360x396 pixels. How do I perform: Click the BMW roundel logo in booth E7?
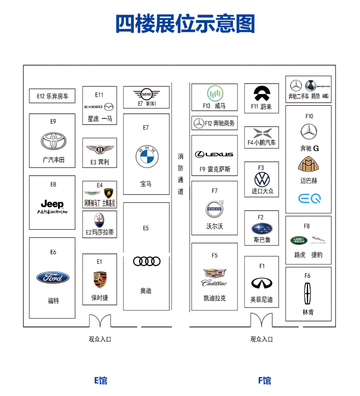[x=146, y=157]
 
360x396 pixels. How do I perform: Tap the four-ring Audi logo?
[x=146, y=261]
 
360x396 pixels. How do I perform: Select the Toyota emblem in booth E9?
[x=53, y=141]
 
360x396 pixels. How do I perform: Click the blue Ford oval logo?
[x=53, y=278]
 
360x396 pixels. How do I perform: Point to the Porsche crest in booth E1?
[x=99, y=279]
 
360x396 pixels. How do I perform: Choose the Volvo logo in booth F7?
[x=215, y=209]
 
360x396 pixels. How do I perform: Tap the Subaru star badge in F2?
[x=261, y=229]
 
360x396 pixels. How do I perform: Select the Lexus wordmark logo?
[x=214, y=154]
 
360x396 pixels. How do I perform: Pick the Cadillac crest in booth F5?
[x=214, y=274]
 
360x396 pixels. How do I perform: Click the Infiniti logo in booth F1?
[x=261, y=283]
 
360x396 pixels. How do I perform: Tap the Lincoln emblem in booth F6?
[x=308, y=293]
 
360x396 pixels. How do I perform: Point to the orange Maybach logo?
[x=308, y=164]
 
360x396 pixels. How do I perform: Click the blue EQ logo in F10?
[x=309, y=198]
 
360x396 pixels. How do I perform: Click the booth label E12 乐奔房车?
[x=52, y=96]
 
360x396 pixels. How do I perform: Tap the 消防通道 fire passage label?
[x=180, y=174]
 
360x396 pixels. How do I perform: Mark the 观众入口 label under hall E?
[x=100, y=339]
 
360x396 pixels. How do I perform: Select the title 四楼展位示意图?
[x=185, y=24]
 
